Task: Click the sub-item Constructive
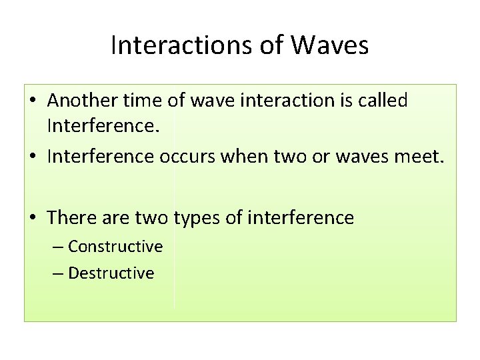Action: [115, 247]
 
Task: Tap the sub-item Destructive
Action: [111, 273]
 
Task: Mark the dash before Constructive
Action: [59, 247]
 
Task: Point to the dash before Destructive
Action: [59, 273]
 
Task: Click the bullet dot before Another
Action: [33, 102]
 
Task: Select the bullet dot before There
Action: [33, 217]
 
